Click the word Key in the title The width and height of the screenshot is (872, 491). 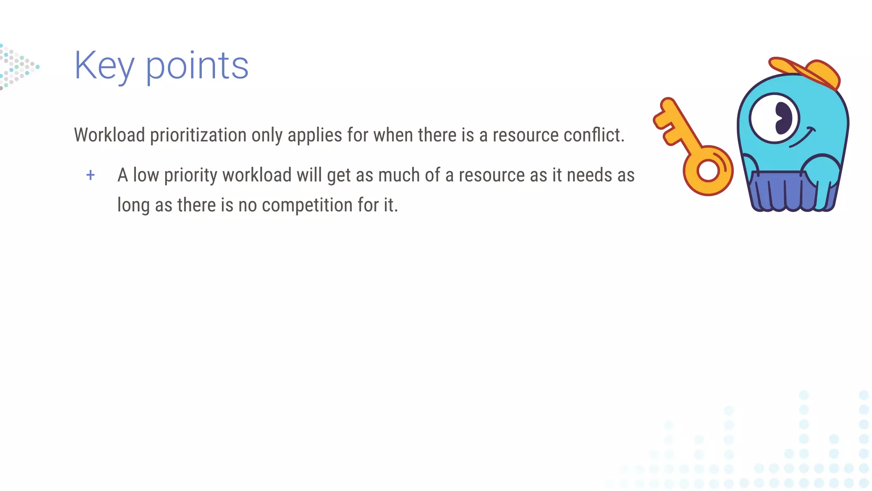click(x=104, y=66)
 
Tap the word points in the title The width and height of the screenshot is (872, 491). click(x=197, y=66)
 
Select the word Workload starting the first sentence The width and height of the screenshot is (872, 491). click(x=109, y=135)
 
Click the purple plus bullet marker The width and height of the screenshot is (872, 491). click(x=90, y=175)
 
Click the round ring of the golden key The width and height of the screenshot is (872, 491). click(x=708, y=170)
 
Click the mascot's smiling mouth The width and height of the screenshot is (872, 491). click(x=802, y=138)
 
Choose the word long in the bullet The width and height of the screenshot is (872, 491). click(x=133, y=205)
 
